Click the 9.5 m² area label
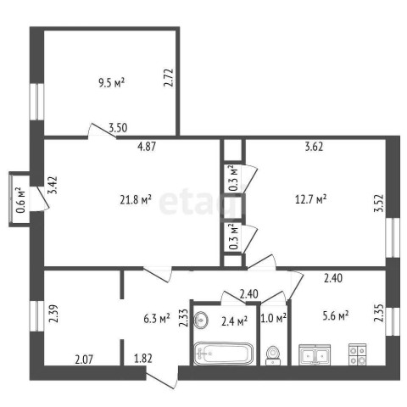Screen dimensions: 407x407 112,83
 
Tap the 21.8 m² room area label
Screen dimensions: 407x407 136,200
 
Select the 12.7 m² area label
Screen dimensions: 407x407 310,199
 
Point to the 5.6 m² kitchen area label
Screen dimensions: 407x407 335,315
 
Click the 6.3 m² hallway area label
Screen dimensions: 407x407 157,319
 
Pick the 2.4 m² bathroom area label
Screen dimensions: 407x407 234,321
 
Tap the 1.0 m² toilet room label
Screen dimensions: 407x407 274,319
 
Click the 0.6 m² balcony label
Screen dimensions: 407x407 20,200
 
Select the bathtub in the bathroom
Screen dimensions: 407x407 223,354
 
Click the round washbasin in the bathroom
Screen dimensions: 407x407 201,320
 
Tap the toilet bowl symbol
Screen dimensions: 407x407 273,355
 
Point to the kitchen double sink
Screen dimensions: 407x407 315,354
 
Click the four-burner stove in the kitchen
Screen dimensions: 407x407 358,354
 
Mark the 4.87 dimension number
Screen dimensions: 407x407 146,147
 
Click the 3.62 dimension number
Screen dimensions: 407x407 314,147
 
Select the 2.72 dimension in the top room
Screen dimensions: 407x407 169,78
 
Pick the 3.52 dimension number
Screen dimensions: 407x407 379,203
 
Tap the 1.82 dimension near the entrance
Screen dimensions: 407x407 143,359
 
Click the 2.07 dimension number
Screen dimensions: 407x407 84,360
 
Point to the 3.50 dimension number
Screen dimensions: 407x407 118,128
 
